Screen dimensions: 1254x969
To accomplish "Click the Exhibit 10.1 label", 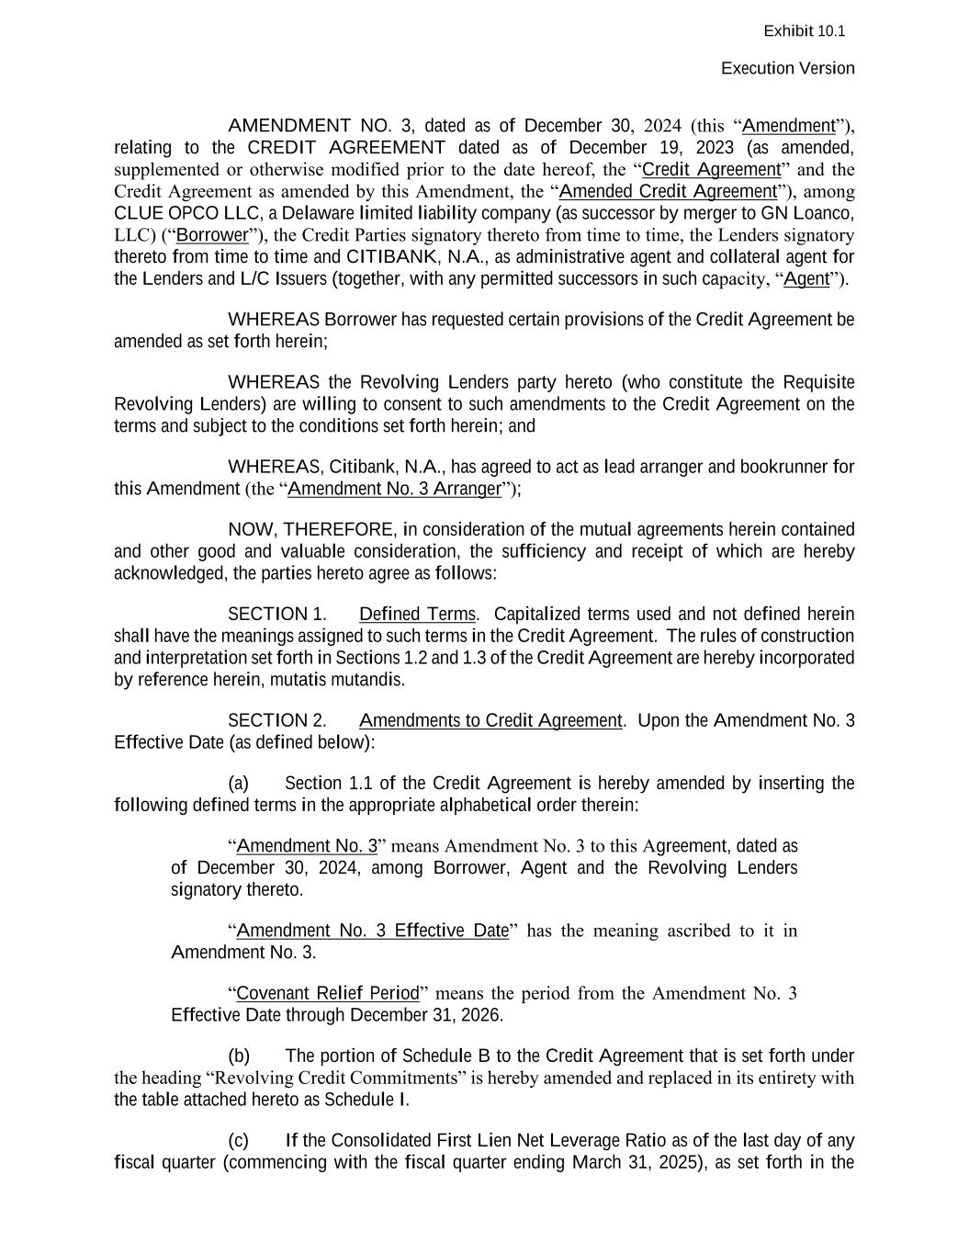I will [x=804, y=31].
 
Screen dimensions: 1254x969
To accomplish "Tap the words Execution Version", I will [x=787, y=69].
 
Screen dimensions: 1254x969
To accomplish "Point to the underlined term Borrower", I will [x=212, y=235].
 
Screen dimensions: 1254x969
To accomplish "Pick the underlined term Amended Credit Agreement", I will [x=668, y=192].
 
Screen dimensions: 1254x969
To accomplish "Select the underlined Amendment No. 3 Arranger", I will [x=395, y=489].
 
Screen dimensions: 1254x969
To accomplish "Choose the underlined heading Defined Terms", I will [x=417, y=615].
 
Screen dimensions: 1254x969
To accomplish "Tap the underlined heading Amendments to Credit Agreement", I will [x=490, y=721].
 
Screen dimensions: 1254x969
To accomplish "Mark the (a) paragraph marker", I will [x=238, y=784].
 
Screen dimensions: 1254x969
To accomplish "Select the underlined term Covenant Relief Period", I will [x=328, y=994].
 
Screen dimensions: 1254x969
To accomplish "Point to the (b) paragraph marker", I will [x=239, y=1056].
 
